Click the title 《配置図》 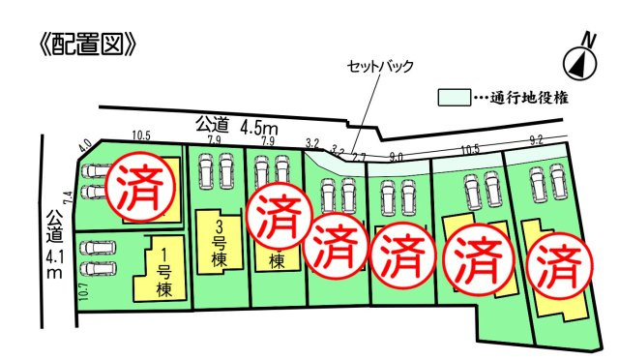[x=81, y=44]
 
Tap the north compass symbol [x=579, y=59]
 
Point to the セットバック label [x=381, y=67]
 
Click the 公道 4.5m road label [x=237, y=125]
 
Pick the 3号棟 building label [x=220, y=240]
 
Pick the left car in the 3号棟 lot [x=206, y=175]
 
